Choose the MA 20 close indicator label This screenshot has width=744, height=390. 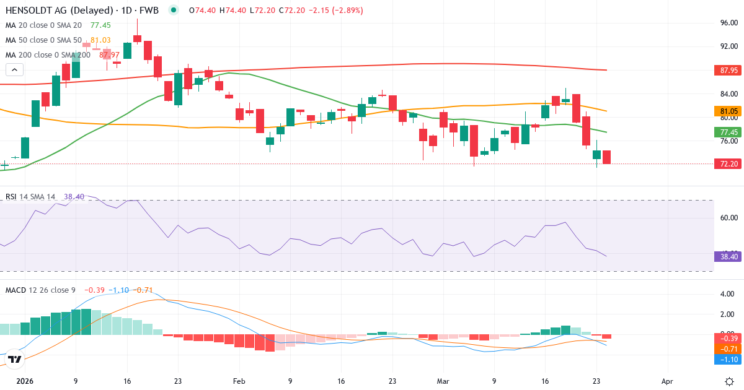(x=43, y=25)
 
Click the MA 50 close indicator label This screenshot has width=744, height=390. (x=43, y=40)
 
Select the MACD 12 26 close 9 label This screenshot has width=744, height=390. (x=40, y=290)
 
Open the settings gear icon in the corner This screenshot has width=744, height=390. (x=730, y=381)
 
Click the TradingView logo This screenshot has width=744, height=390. (x=15, y=359)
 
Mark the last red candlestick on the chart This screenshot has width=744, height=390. (x=606, y=157)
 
